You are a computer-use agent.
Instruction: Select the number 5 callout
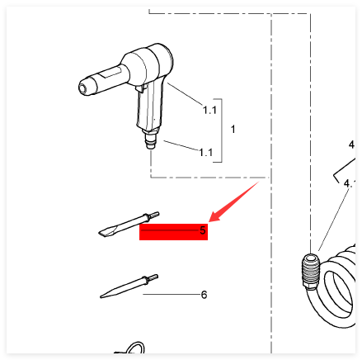tap(203, 230)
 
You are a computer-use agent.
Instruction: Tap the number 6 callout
tap(204, 295)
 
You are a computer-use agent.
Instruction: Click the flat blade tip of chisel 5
tap(101, 234)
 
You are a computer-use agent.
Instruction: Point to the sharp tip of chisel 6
tap(101, 296)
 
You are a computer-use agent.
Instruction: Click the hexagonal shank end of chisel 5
tap(154, 215)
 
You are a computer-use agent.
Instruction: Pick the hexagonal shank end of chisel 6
tap(153, 277)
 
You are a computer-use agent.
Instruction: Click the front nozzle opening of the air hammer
tap(82, 88)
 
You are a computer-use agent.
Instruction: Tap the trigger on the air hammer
tap(140, 88)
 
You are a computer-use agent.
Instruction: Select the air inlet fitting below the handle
tap(150, 140)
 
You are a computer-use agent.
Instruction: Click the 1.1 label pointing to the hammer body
tap(209, 110)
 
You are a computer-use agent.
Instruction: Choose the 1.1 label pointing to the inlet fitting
tap(206, 152)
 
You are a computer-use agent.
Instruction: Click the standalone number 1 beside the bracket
tap(233, 129)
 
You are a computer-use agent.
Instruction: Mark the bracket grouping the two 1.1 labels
tap(221, 130)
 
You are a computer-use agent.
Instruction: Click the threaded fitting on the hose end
tap(310, 271)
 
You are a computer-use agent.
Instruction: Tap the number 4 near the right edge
tap(351, 144)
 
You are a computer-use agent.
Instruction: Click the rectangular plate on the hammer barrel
tap(110, 73)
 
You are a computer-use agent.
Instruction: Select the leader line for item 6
tap(172, 295)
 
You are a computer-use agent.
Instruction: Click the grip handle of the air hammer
tap(149, 106)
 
